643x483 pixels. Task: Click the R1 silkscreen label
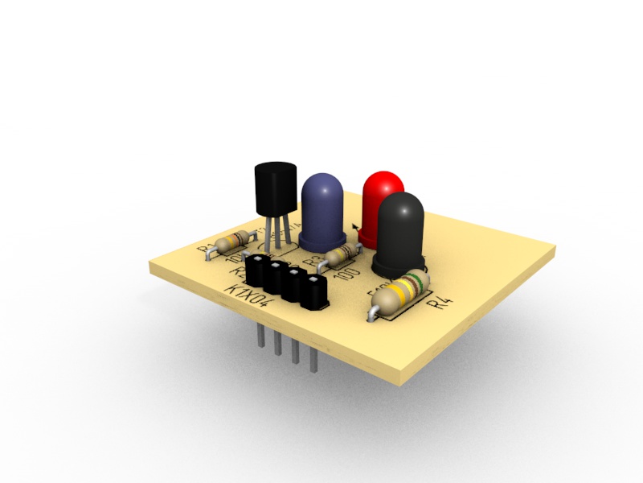tap(207, 246)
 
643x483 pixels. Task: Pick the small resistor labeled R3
tap(343, 255)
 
